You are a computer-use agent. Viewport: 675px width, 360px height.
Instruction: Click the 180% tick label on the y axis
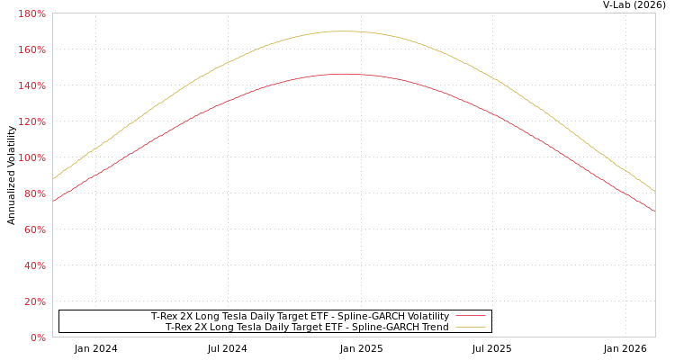point(32,13)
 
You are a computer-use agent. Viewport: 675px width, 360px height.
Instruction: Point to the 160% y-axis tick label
point(32,49)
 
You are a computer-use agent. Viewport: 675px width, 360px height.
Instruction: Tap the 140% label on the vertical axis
point(32,85)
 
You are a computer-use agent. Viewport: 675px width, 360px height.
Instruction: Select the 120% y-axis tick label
point(32,121)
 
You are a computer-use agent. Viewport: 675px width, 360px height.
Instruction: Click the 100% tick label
point(32,157)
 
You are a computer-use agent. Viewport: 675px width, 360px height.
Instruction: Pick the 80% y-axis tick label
point(34,193)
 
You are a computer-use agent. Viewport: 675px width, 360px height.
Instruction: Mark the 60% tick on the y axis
point(34,229)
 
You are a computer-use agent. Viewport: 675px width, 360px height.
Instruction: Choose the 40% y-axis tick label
point(34,265)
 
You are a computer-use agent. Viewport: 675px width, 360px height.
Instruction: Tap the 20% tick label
point(34,301)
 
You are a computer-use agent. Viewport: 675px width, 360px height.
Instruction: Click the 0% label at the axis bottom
point(38,337)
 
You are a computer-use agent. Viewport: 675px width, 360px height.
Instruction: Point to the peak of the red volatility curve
point(342,74)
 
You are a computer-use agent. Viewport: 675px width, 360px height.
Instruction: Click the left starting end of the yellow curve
point(53,178)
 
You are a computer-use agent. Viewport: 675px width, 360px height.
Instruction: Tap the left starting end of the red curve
point(53,201)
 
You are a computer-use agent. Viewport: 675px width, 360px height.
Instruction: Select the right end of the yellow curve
point(654,190)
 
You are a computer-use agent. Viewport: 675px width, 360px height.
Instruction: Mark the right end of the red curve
point(654,211)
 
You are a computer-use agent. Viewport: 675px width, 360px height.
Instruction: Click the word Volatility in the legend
point(423,316)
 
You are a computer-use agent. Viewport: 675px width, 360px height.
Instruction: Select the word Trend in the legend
point(433,327)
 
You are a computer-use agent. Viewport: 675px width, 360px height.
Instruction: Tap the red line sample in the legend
point(470,316)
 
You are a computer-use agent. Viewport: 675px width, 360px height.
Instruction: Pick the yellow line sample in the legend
point(470,327)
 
